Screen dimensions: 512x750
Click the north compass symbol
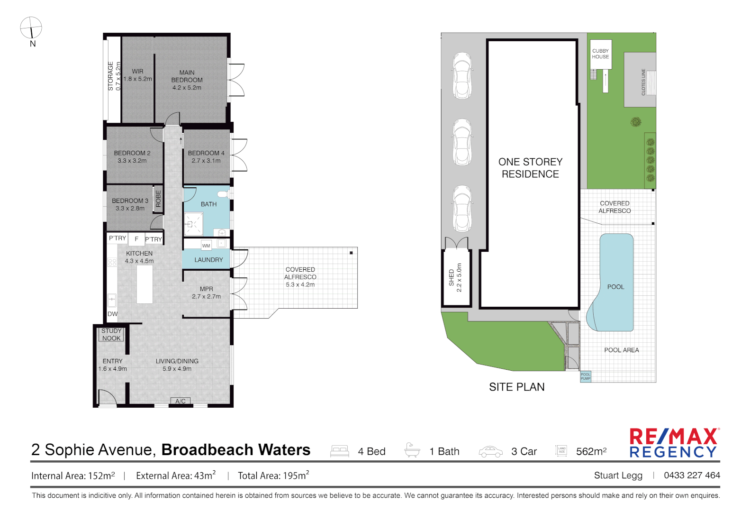tap(31, 28)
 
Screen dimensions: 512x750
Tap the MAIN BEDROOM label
tap(187, 80)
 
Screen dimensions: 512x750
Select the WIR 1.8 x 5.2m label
tap(137, 75)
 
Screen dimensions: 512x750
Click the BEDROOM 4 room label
tap(206, 157)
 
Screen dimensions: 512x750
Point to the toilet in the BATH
tap(222, 194)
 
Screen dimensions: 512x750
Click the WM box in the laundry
tap(206, 246)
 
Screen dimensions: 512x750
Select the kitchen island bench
tap(145, 284)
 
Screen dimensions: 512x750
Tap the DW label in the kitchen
tap(112, 314)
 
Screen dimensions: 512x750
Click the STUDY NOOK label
tap(111, 335)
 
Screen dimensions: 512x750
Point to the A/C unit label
tap(181, 401)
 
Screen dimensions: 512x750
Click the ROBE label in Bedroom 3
tap(158, 198)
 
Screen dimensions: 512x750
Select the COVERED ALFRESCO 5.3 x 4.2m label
tap(300, 277)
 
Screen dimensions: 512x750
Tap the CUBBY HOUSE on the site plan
tap(600, 54)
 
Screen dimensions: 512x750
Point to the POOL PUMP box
tap(586, 376)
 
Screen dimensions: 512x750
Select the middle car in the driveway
tap(462, 142)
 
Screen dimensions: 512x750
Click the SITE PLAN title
tap(516, 387)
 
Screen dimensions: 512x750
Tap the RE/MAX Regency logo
tap(674, 443)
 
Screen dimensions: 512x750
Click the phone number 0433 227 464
tap(692, 475)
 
